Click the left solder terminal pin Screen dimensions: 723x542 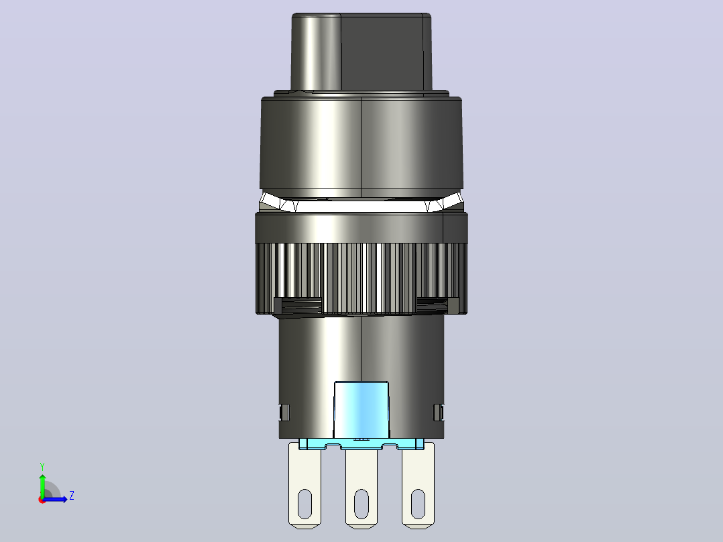[304, 484]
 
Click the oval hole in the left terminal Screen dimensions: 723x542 [304, 504]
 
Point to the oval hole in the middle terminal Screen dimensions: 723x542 [361, 504]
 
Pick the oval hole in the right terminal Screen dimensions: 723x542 [418, 504]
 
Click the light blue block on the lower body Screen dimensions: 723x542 [361, 410]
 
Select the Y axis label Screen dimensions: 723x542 [42, 466]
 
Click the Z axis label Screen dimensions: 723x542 [72, 496]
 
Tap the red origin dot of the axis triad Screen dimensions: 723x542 [42, 500]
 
